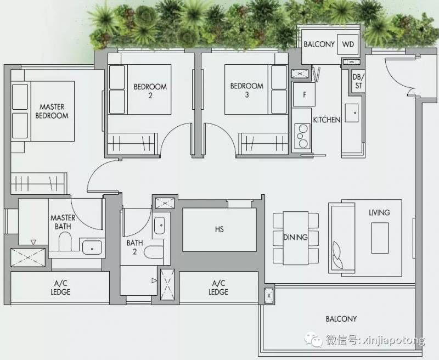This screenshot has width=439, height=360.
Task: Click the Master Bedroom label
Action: (52, 111)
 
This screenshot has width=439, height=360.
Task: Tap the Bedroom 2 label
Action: (150, 91)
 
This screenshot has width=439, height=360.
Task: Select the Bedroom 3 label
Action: (246, 90)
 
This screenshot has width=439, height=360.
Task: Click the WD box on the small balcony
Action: (348, 44)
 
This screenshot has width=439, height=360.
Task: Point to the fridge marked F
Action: (304, 94)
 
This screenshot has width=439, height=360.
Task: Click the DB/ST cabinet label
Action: (357, 81)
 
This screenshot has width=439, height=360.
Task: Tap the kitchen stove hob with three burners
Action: (302, 136)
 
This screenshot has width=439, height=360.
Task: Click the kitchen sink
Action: (352, 113)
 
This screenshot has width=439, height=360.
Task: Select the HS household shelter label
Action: (219, 229)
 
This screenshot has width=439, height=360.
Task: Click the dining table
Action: (296, 238)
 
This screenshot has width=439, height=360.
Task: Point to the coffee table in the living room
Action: (380, 238)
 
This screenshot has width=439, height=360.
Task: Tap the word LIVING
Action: (379, 212)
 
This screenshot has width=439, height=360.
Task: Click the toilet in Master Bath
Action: (65, 241)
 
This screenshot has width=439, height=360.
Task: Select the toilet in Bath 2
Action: (154, 252)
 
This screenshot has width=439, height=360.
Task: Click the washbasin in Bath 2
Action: (160, 226)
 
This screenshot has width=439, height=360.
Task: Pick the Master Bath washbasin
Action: (92, 248)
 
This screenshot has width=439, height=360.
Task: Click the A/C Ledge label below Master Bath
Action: (60, 288)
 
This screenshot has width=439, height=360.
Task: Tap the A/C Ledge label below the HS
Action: (218, 288)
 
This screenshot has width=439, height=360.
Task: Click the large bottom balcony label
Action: (341, 319)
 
